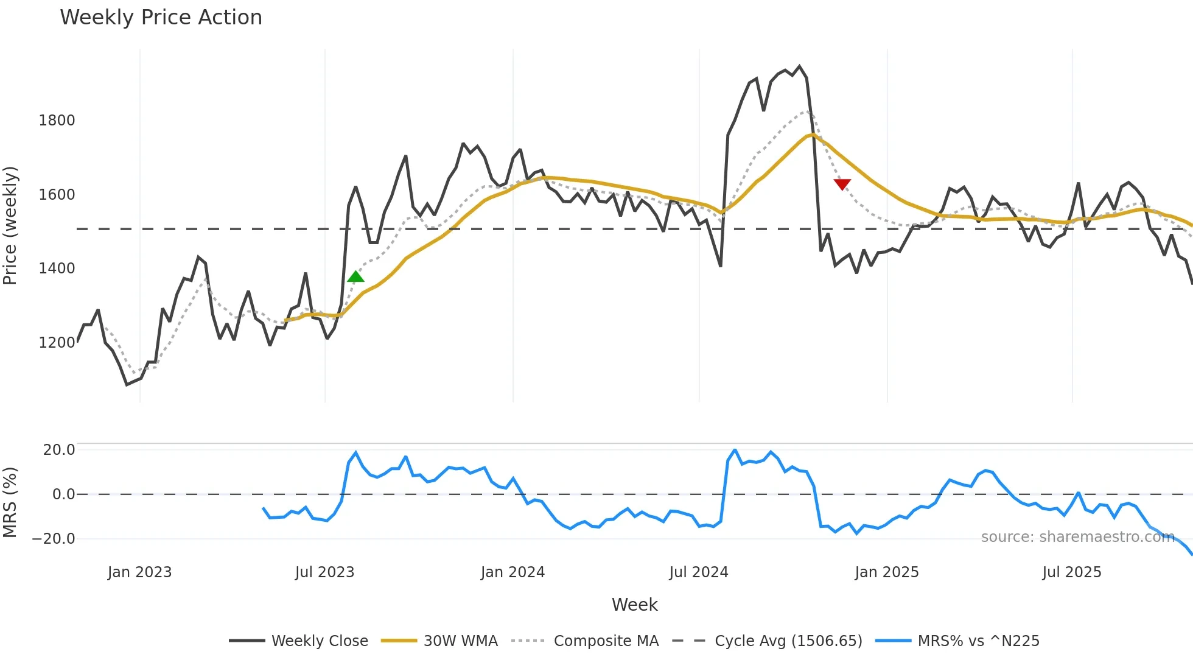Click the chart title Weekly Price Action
click(161, 18)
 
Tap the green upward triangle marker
click(355, 277)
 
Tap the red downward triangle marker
click(842, 184)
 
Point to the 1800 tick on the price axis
click(57, 121)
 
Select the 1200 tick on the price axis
click(57, 343)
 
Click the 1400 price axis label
click(57, 269)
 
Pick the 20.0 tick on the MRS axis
click(59, 450)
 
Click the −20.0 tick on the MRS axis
click(54, 539)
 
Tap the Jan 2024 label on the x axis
click(513, 572)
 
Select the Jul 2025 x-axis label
click(1071, 572)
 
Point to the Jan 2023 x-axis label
click(139, 572)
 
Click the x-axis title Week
click(634, 605)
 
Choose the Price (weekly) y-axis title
click(10, 225)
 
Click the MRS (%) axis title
click(10, 502)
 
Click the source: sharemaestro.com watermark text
click(1077, 537)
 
